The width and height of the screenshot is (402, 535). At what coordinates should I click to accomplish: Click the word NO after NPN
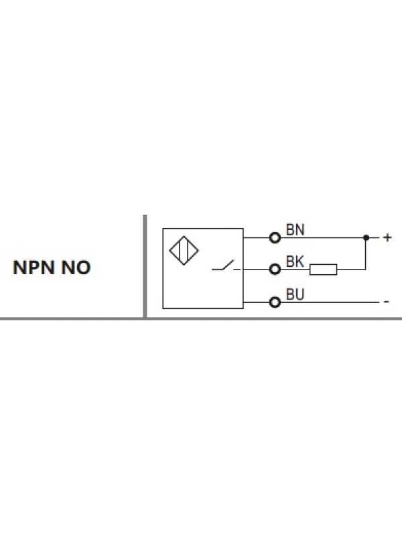[x=77, y=268]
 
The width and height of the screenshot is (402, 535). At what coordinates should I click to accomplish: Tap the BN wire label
[x=295, y=229]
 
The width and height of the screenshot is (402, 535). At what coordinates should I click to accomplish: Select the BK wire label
[x=295, y=262]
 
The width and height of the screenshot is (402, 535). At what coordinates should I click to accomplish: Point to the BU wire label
[x=295, y=294]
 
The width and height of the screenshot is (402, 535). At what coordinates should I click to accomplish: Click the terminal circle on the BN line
[x=274, y=237]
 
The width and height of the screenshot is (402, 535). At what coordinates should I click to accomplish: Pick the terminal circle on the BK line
[x=274, y=270]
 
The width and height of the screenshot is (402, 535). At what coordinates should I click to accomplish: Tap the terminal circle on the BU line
[x=274, y=302]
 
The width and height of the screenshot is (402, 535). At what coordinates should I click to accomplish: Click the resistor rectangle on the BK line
[x=323, y=270]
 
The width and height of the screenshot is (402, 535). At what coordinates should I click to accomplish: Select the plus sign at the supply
[x=387, y=237]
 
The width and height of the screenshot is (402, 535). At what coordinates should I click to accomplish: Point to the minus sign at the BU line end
[x=386, y=302]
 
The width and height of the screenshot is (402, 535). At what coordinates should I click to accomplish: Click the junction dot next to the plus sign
[x=366, y=237]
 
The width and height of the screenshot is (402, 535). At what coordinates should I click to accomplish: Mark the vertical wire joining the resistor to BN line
[x=366, y=254]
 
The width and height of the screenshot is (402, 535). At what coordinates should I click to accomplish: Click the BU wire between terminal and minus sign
[x=328, y=302]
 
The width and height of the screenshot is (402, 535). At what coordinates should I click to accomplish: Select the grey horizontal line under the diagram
[x=201, y=319]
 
